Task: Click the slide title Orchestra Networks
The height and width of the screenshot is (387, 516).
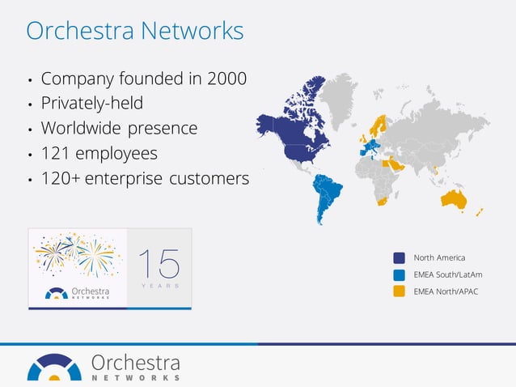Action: tap(134, 31)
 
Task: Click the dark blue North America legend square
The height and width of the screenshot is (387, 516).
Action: tap(399, 257)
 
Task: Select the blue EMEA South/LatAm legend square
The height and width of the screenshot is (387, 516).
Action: tap(399, 274)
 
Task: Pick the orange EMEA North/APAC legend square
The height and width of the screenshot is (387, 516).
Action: tap(399, 291)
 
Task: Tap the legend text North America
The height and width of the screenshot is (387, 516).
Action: tap(439, 257)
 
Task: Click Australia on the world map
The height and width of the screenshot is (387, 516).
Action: tap(454, 199)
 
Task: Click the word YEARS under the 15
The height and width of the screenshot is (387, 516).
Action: tap(159, 286)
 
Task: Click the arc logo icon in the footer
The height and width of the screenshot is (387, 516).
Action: tap(54, 367)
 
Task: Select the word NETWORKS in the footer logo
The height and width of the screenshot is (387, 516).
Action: tap(135, 378)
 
